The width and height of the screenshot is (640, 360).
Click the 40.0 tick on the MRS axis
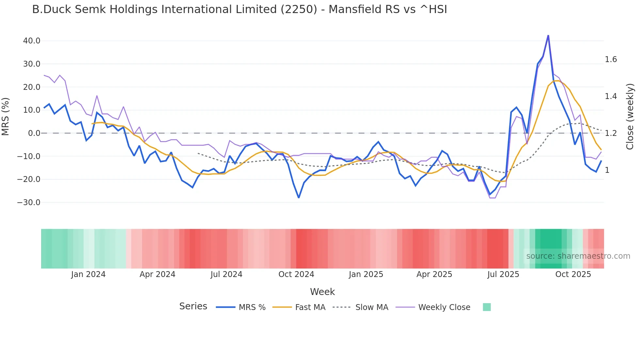click(32, 41)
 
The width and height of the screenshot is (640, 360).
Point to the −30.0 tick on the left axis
click(29, 203)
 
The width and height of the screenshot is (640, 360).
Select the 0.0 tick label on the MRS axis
click(34, 133)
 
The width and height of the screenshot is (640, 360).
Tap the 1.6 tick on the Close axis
click(611, 59)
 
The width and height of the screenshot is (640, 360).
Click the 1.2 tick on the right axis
click(611, 133)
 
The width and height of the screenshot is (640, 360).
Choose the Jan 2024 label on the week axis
click(88, 274)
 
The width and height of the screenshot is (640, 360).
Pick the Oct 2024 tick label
click(296, 274)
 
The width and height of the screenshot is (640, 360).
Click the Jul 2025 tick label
click(503, 274)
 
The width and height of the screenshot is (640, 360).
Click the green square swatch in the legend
click(487, 307)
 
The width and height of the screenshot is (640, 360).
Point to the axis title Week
click(322, 292)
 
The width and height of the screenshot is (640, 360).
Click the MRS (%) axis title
click(6, 117)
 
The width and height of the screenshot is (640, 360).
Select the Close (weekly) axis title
click(630, 117)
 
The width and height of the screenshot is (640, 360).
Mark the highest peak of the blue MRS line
click(548, 35)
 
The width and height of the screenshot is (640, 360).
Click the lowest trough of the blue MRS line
click(298, 198)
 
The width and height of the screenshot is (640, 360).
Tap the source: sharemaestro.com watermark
click(578, 256)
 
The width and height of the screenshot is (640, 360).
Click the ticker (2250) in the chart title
click(299, 9)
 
